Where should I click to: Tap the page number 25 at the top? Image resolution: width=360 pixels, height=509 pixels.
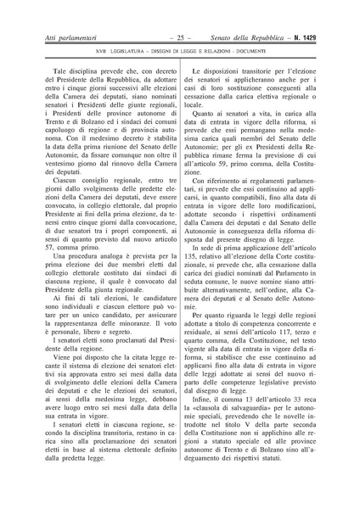click(180, 38)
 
